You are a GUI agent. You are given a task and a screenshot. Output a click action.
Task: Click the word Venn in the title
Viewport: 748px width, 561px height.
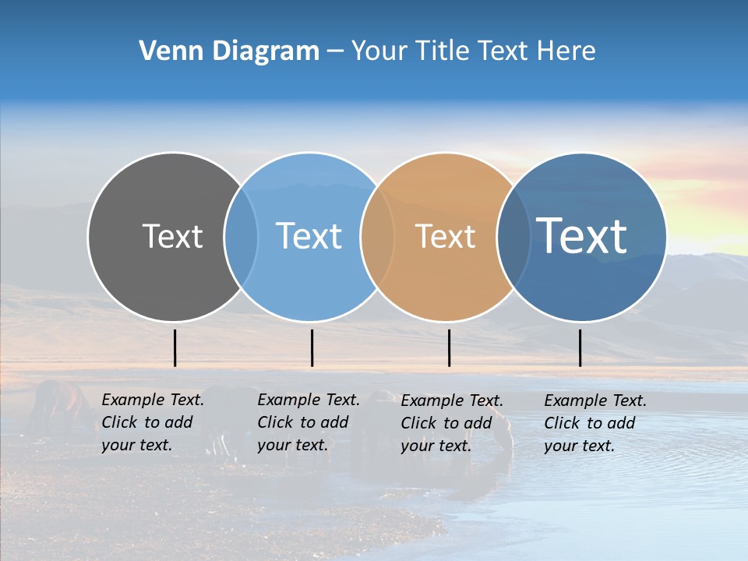click(164, 51)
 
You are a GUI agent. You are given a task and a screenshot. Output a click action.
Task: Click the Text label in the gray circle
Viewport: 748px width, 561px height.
click(172, 236)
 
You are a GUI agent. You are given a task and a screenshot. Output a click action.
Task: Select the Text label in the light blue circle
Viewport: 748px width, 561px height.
click(309, 236)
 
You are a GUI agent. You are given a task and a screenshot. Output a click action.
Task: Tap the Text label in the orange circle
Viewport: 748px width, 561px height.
click(445, 236)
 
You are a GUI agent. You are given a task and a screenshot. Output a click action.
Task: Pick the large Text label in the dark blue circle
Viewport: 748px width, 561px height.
click(582, 235)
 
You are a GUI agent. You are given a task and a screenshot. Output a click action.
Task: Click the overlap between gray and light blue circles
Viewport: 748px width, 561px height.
click(241, 237)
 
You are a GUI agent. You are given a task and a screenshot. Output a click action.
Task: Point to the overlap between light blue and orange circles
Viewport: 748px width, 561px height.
click(378, 237)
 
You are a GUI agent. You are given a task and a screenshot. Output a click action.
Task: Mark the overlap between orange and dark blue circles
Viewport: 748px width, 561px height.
click(513, 237)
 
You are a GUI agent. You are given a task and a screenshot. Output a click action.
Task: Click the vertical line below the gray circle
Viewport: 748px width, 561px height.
click(175, 348)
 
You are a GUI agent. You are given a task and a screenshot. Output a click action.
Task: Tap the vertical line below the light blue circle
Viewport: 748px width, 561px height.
click(312, 348)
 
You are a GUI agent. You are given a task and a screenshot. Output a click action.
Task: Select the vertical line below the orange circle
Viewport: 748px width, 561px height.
click(449, 348)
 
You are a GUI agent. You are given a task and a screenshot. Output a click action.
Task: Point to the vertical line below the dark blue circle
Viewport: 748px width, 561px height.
click(580, 348)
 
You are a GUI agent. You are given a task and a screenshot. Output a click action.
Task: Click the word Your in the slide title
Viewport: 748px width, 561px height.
click(380, 51)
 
